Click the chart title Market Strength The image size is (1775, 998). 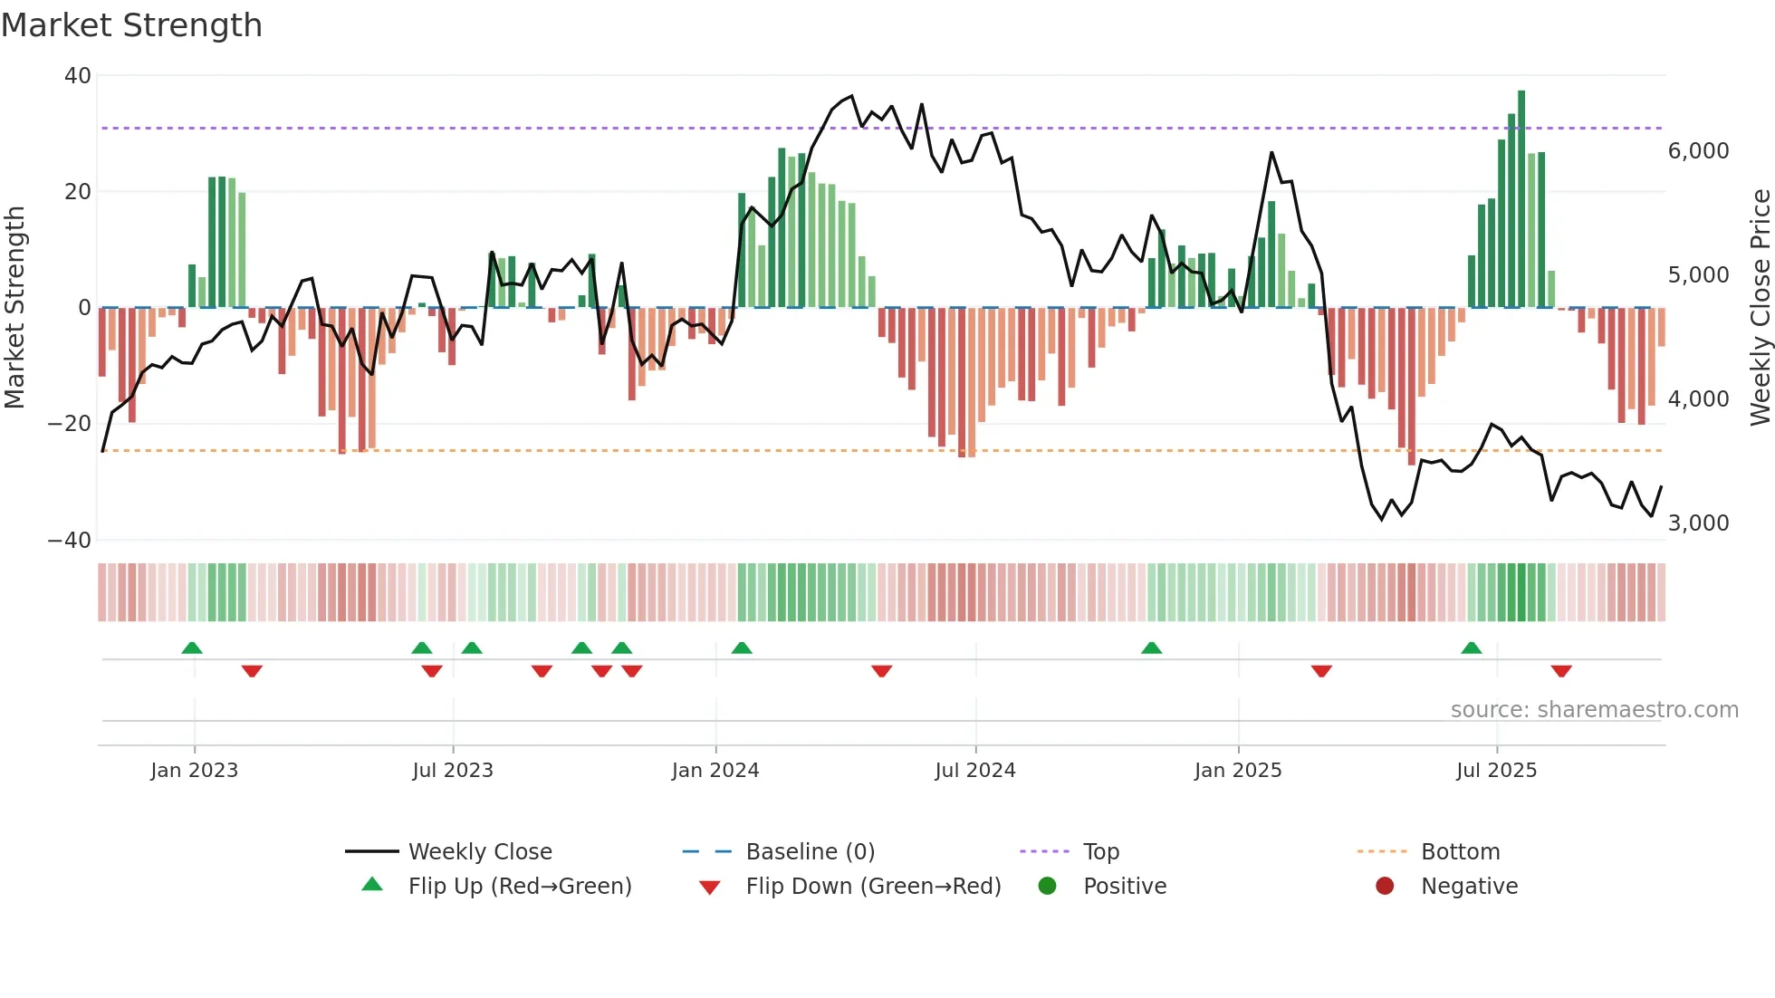131,25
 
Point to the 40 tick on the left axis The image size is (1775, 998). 78,76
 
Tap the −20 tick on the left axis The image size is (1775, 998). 70,424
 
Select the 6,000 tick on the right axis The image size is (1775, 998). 1698,151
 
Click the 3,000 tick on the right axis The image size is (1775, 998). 1698,523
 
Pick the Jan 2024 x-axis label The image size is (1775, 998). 715,771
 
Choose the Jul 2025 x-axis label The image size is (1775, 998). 1496,771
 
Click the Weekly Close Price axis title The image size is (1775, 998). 1760,308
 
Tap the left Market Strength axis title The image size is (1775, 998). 14,308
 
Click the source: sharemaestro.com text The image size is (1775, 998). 1594,710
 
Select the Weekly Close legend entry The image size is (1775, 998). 479,852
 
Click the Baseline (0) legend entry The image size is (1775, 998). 810,852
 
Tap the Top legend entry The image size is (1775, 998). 1100,852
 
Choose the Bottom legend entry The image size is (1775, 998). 1460,852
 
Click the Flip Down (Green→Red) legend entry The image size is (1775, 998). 872,887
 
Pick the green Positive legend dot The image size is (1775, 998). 1047,887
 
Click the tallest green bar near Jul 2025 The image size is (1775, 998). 1521,199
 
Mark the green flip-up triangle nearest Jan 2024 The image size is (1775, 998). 742,648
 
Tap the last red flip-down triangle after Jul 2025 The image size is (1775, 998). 1560,671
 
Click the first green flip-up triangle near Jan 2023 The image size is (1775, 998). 192,648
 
